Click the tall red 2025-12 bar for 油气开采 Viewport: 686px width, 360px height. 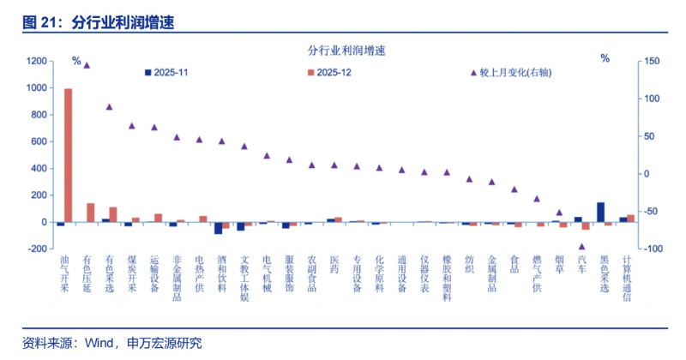click(68, 155)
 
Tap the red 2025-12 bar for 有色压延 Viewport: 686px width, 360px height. click(91, 213)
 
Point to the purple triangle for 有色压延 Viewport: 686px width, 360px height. click(87, 65)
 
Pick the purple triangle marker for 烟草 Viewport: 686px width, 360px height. click(559, 213)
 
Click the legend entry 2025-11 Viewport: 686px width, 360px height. click(171, 73)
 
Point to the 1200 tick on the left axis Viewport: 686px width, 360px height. click(36, 62)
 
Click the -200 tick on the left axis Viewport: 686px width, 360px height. click(36, 249)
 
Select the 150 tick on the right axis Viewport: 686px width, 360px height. click(653, 62)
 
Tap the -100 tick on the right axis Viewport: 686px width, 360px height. click(653, 249)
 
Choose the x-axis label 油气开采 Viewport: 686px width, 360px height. click(64, 273)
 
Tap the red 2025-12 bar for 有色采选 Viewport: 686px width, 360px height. click(113, 214)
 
